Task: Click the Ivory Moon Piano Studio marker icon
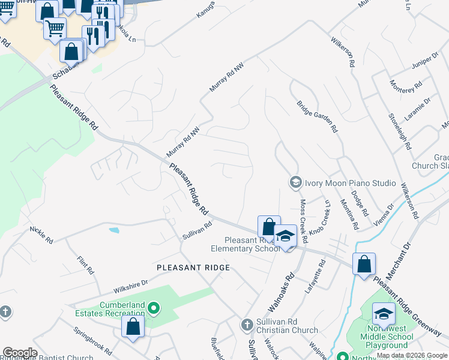(x=295, y=182)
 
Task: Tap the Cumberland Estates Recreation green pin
(x=154, y=309)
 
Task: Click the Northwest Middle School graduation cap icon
(x=384, y=314)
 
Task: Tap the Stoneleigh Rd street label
(x=399, y=131)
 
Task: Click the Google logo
(x=20, y=353)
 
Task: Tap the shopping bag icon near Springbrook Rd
(x=133, y=326)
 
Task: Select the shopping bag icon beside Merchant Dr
(x=364, y=264)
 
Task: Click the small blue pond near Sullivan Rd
(x=113, y=229)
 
